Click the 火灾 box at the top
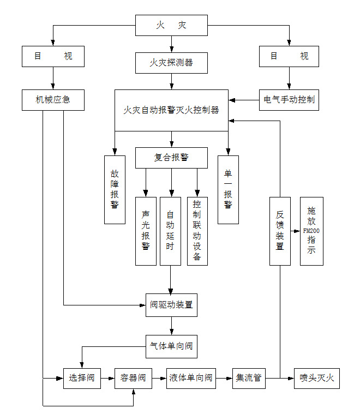(171, 26)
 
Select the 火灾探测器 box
(171, 62)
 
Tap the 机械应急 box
(53, 100)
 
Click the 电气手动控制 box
(289, 100)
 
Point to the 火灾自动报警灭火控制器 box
(171, 110)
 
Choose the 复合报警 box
(171, 158)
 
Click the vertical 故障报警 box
(115, 189)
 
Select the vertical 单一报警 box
(228, 189)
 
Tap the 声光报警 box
(146, 231)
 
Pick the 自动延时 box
(170, 231)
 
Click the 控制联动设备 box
(197, 231)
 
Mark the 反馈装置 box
(280, 231)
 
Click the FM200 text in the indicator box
(311, 231)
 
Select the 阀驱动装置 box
(171, 305)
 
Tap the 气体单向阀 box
(171, 346)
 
